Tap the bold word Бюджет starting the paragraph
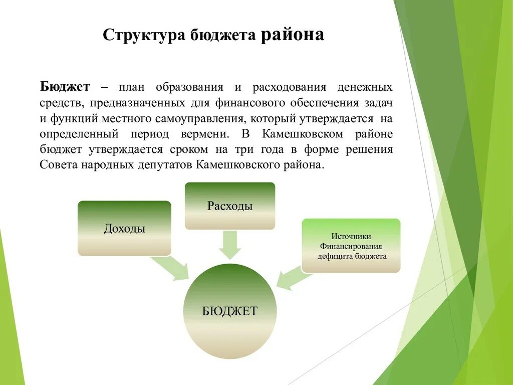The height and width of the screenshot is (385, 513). point(65,87)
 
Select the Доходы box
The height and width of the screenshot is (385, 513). point(124,229)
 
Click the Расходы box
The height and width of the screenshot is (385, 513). point(230,206)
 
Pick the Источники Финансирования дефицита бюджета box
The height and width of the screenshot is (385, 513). point(351,246)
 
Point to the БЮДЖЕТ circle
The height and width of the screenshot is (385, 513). point(229,311)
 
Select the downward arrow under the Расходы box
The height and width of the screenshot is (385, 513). point(230,245)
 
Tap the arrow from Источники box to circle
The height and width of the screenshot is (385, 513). point(290,277)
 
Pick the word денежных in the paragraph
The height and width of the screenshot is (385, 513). point(368,87)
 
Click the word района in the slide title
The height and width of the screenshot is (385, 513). point(292,35)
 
